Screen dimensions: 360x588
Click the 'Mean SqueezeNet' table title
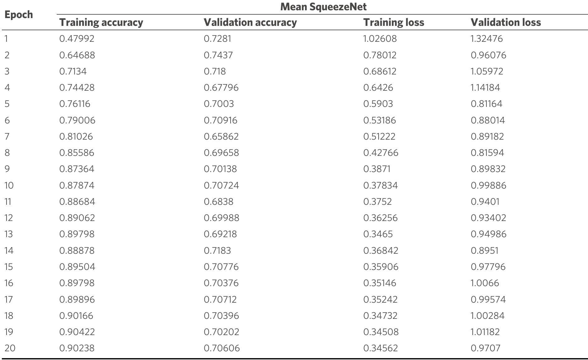pyautogui.click(x=323, y=7)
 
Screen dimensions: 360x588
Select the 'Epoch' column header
pyautogui.click(x=19, y=15)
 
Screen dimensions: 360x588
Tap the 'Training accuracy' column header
pyautogui.click(x=101, y=22)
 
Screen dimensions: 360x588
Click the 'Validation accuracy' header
pyautogui.click(x=250, y=22)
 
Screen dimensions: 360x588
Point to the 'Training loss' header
pyautogui.click(x=394, y=22)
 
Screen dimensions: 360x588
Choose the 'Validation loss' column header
pyautogui.click(x=505, y=22)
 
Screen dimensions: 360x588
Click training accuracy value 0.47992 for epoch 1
pyautogui.click(x=77, y=39)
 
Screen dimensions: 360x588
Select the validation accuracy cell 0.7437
pyautogui.click(x=218, y=55)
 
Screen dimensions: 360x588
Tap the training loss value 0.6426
pyautogui.click(x=378, y=88)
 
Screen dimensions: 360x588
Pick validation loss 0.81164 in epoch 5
pyautogui.click(x=486, y=104)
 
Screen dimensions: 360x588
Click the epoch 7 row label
pyautogui.click(x=7, y=137)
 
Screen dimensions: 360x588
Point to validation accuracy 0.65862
pyautogui.click(x=221, y=137)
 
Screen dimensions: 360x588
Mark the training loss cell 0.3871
pyautogui.click(x=377, y=169)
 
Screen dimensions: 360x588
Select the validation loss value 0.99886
pyautogui.click(x=488, y=185)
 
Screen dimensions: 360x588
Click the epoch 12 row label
pyautogui.click(x=8, y=218)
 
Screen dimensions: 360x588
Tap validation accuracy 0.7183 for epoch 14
pyautogui.click(x=217, y=251)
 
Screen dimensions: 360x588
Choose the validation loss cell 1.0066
pyautogui.click(x=485, y=283)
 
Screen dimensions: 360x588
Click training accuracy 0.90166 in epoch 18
pyautogui.click(x=76, y=316)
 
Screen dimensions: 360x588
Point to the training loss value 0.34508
pyautogui.click(x=381, y=332)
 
